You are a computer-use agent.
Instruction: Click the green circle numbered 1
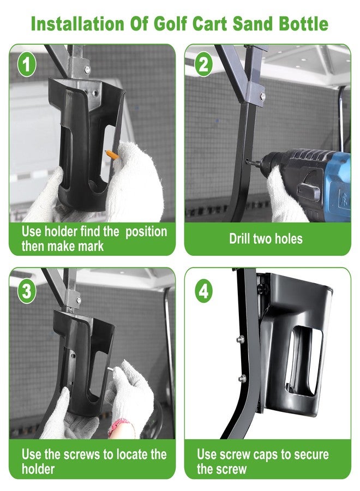click(27, 65)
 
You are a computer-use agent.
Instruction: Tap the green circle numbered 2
click(203, 65)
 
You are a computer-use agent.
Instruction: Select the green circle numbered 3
click(27, 291)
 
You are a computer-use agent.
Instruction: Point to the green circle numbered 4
click(203, 291)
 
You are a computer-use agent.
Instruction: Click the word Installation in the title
click(77, 24)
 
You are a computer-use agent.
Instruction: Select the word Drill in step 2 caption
click(239, 238)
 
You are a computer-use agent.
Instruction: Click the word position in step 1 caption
click(146, 232)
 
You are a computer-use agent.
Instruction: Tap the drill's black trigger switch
click(308, 189)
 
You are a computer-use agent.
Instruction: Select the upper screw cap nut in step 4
click(241, 338)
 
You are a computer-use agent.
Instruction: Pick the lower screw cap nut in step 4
click(242, 378)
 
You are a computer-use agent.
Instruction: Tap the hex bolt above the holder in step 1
click(87, 69)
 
